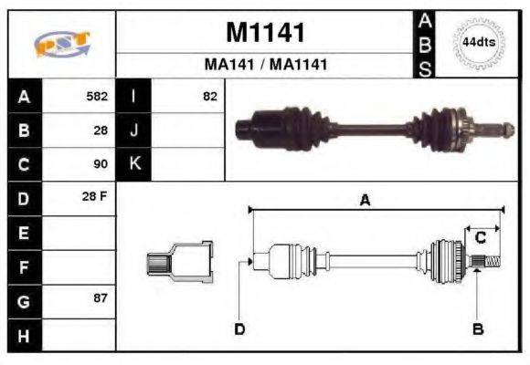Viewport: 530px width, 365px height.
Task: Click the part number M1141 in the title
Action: click(x=264, y=33)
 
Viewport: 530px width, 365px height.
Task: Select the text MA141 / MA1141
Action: click(x=265, y=65)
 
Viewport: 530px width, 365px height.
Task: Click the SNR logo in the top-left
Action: click(x=61, y=44)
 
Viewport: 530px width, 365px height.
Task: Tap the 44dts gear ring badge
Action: click(x=478, y=43)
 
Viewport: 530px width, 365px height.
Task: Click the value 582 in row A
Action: click(x=97, y=96)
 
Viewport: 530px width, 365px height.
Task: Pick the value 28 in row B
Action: click(x=101, y=130)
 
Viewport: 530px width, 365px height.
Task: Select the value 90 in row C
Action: click(x=101, y=164)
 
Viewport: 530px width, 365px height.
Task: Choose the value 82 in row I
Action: click(x=210, y=96)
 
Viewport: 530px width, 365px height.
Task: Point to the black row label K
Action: click(x=134, y=164)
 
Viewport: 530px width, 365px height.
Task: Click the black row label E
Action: click(x=24, y=234)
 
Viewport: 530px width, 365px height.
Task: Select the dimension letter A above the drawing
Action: click(x=364, y=201)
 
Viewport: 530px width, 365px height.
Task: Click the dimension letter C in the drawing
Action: click(x=480, y=238)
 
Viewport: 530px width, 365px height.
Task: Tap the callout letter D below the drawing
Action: click(x=239, y=328)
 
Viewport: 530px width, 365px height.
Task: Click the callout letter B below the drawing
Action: click(x=477, y=328)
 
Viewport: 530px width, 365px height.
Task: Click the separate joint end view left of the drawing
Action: click(x=180, y=262)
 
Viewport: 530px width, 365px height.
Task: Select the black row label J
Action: click(x=134, y=130)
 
